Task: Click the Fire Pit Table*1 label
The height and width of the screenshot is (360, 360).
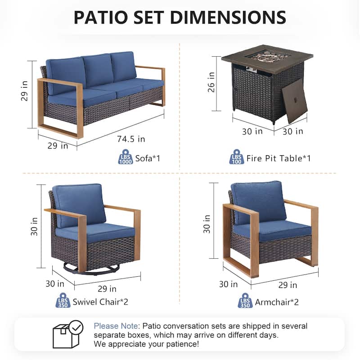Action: click(279, 158)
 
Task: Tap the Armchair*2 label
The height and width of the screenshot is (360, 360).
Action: click(277, 301)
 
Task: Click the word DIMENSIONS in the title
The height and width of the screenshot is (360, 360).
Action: click(215, 17)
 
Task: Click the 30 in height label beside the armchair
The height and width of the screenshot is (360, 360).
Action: click(207, 223)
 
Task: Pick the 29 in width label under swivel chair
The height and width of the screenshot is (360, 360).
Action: click(107, 288)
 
